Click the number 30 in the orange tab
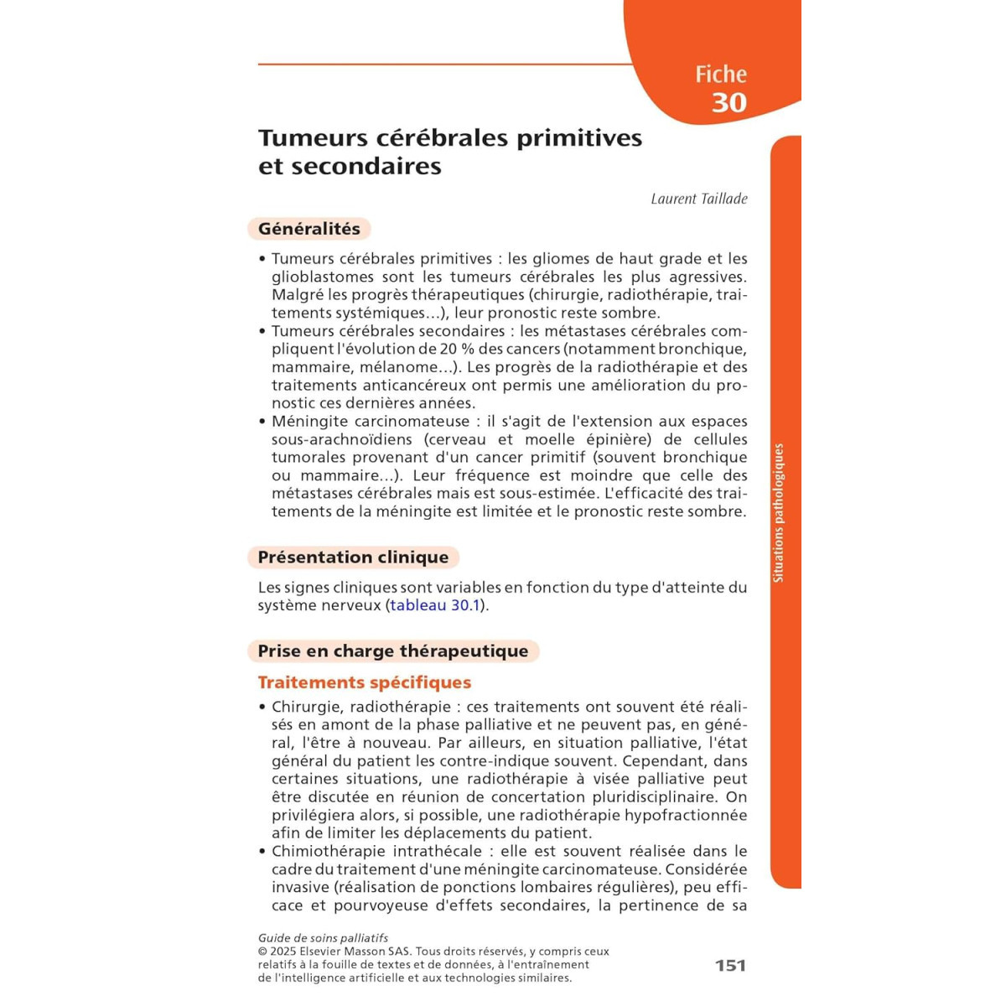(729, 102)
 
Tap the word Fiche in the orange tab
(720, 74)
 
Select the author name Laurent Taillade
(698, 199)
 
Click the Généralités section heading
(309, 229)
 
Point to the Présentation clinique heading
(353, 557)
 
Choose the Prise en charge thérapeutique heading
(392, 651)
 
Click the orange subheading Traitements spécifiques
(364, 682)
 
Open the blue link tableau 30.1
(435, 605)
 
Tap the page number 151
(730, 965)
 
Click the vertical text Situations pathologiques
(778, 513)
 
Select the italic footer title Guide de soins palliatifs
(323, 938)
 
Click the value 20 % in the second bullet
(458, 349)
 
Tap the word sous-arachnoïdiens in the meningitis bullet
(342, 439)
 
